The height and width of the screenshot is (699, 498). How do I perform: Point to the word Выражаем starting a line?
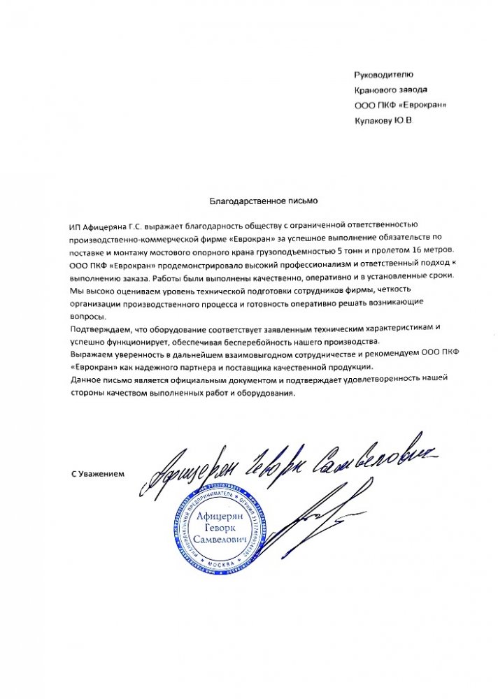91,354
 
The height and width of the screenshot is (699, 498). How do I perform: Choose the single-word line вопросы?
87,315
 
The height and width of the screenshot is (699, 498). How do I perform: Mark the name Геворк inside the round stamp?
222,528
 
